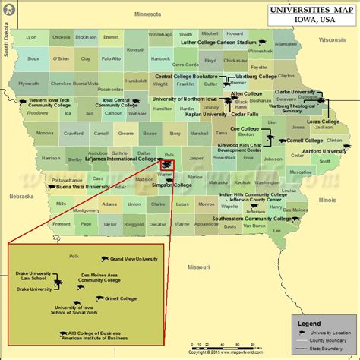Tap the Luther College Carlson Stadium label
click(218, 43)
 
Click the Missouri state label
click(199, 267)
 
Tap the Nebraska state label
click(21, 196)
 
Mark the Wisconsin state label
click(331, 39)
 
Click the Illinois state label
click(327, 200)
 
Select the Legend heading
click(308, 323)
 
